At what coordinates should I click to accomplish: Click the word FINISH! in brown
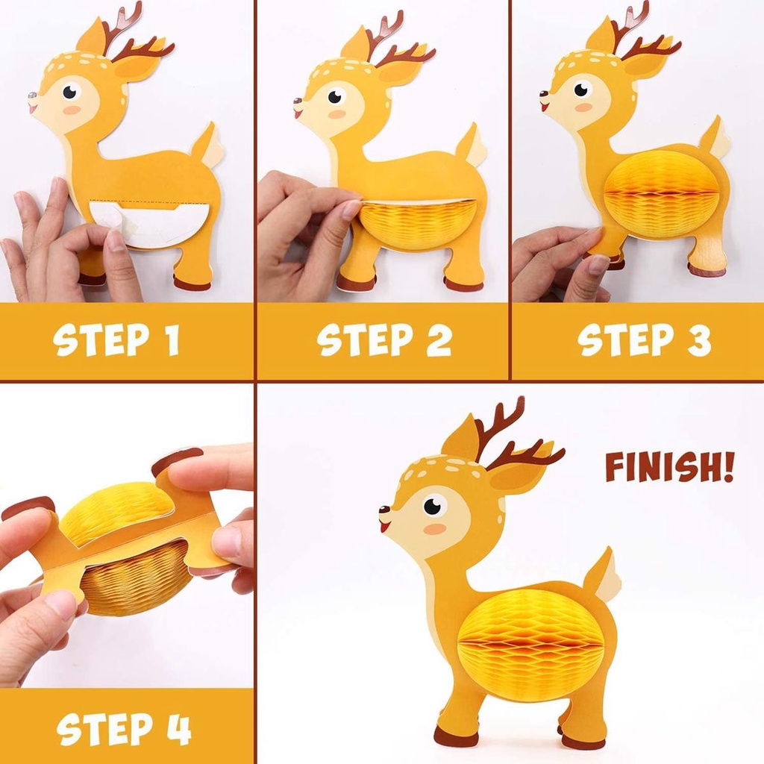669,467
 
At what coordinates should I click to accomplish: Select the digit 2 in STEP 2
439,339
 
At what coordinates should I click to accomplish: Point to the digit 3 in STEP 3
698,339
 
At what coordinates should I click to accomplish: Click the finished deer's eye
433,506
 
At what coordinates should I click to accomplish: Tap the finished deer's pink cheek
435,530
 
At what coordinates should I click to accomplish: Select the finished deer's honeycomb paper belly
530,645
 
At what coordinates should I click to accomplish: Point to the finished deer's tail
602,575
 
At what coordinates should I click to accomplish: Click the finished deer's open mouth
385,527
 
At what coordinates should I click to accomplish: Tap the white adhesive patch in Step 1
149,224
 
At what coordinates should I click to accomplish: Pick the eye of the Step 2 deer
335,96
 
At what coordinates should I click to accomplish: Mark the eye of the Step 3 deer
581,90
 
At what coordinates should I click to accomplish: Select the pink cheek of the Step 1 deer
72,110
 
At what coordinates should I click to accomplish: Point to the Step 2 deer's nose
297,101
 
